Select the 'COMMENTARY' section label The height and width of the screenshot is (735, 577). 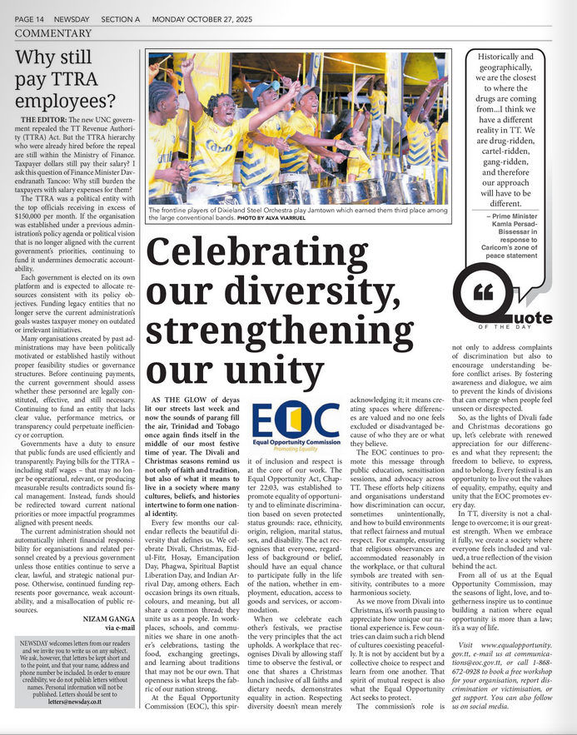(52, 32)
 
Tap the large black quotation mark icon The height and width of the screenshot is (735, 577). (495, 292)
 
